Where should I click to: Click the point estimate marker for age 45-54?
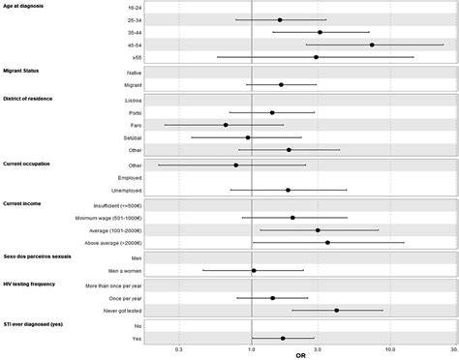point(372,45)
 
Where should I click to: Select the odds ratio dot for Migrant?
point(281,85)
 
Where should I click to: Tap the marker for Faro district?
point(226,125)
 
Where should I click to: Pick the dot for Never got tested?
point(336,311)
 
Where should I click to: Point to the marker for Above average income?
point(327,242)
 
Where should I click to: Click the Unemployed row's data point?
point(288,191)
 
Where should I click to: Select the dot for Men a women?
point(254,271)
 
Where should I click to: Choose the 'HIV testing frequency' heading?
point(36,285)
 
